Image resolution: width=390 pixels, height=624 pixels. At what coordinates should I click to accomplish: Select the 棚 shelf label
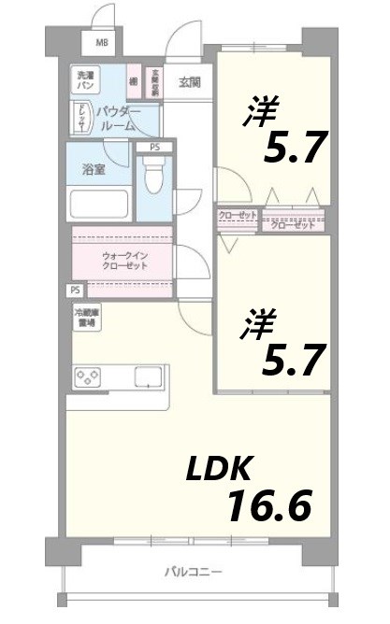[x=134, y=81]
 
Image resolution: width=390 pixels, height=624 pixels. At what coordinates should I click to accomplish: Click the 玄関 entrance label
[x=190, y=80]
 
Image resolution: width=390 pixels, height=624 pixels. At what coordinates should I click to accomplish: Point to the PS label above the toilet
[x=154, y=147]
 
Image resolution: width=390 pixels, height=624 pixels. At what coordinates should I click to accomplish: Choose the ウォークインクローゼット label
[x=124, y=260]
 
